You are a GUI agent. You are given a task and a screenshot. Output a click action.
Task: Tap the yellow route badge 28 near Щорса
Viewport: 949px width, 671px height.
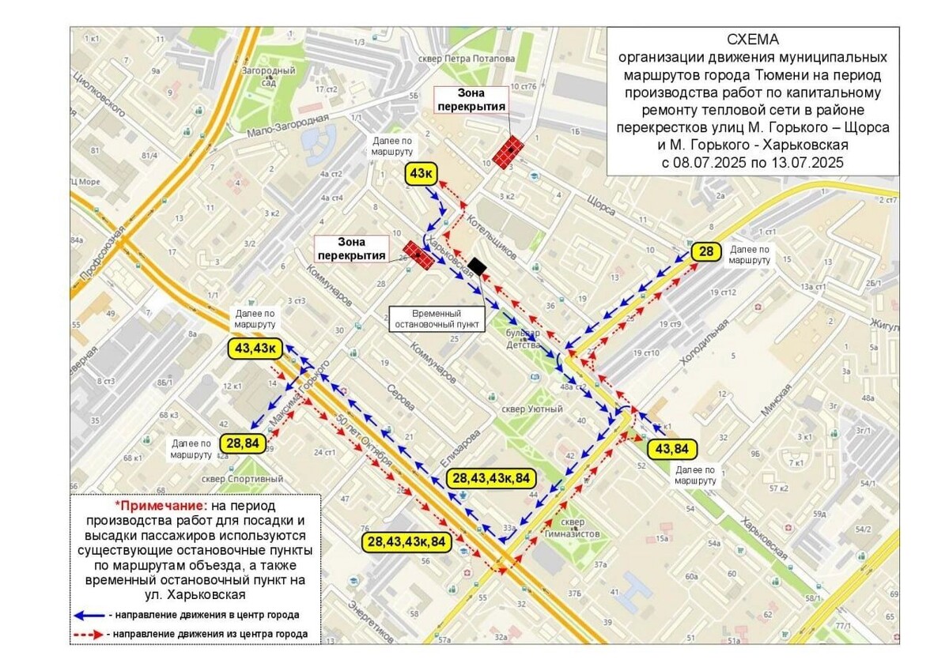click(x=706, y=252)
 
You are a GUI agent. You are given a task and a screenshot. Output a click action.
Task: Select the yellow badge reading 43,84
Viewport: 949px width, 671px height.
click(x=673, y=449)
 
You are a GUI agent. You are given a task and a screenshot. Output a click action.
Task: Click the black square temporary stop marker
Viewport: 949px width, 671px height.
click(x=477, y=266)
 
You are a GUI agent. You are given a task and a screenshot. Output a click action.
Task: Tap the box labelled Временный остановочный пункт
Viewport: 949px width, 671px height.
click(x=437, y=319)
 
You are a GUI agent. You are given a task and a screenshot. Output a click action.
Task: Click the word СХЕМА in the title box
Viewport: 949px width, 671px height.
click(x=752, y=40)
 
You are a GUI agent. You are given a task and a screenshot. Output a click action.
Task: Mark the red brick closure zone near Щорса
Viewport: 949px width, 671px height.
click(x=508, y=150)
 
